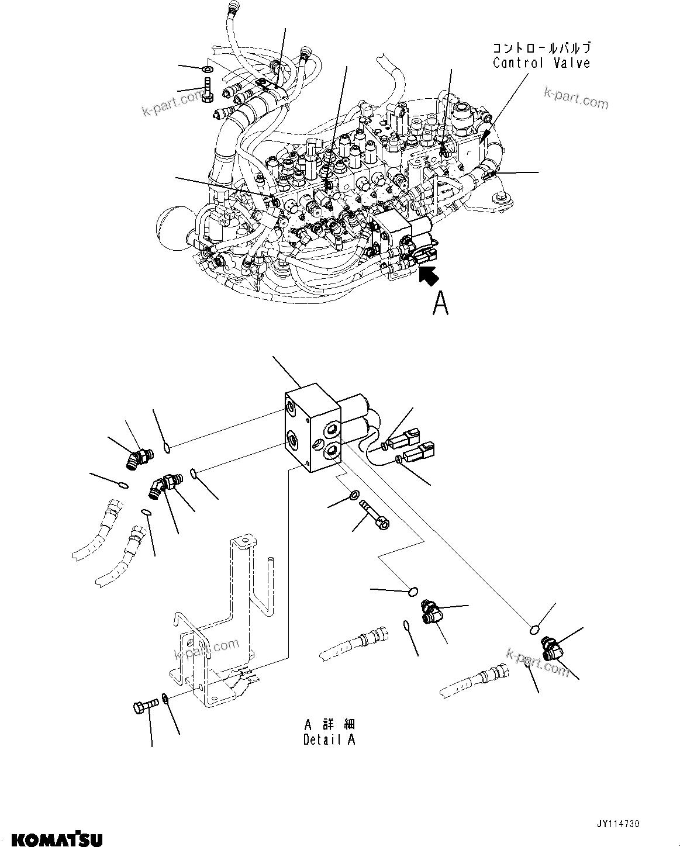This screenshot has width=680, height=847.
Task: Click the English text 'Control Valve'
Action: [541, 63]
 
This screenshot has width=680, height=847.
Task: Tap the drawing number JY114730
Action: [618, 824]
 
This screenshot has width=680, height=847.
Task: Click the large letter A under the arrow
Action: [440, 303]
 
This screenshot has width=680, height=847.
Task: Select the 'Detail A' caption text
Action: [329, 739]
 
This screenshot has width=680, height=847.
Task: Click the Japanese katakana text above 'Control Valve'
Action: [541, 48]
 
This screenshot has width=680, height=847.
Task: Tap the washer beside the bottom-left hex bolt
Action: [167, 698]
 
